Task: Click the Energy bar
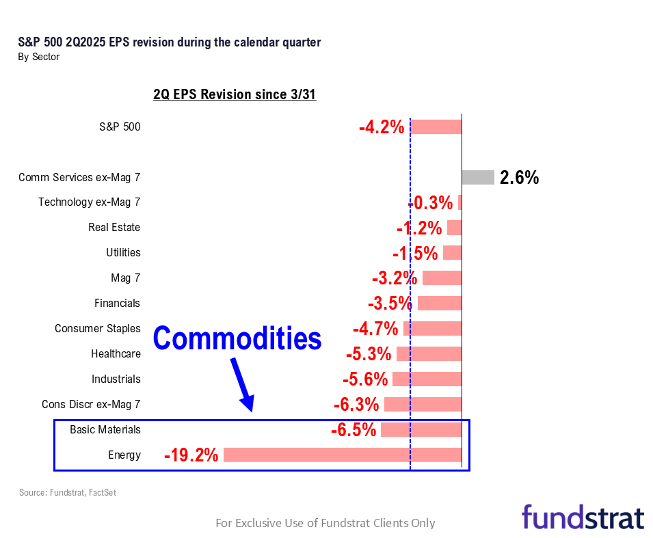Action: click(342, 455)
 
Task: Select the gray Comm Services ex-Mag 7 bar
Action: click(477, 177)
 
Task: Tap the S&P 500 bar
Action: click(436, 126)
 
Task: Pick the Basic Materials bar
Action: click(421, 429)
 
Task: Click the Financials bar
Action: click(440, 303)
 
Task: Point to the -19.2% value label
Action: click(191, 455)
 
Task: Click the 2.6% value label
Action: click(519, 178)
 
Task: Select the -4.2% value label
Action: click(382, 127)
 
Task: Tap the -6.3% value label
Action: click(356, 405)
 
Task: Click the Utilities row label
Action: click(123, 252)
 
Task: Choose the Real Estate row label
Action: click(114, 227)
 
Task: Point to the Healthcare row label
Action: click(116, 353)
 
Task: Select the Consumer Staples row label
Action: click(98, 328)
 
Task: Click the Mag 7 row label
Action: click(125, 278)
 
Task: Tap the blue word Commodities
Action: click(237, 338)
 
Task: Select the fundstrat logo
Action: click(583, 517)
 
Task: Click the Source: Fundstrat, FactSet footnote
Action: click(68, 492)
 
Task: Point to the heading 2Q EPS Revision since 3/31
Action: click(235, 95)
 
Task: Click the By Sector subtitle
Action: click(38, 57)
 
